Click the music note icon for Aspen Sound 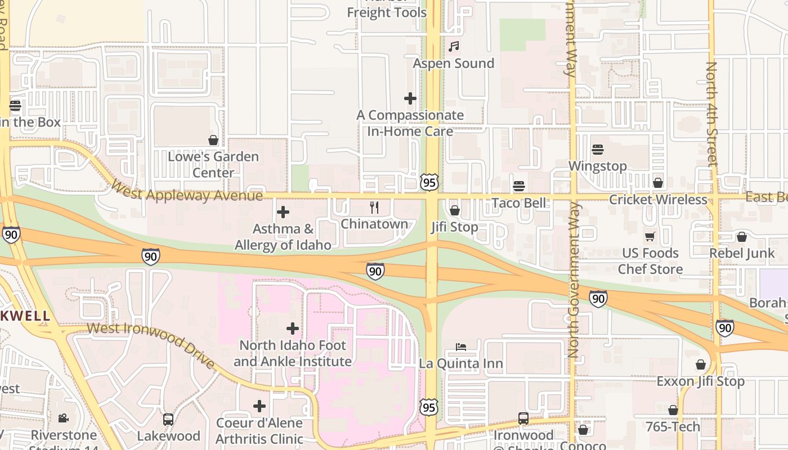click(x=454, y=46)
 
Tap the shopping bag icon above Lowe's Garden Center click(x=213, y=139)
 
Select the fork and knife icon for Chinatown click(x=374, y=208)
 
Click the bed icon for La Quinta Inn click(x=460, y=347)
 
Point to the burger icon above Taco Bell click(x=519, y=186)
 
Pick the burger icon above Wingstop click(x=598, y=150)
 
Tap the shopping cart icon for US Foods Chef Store click(x=651, y=237)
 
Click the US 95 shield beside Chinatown click(x=429, y=182)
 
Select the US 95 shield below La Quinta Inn click(x=429, y=407)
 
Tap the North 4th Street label click(x=713, y=114)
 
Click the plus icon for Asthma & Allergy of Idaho click(x=283, y=212)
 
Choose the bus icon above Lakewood click(x=168, y=419)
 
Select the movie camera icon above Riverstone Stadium click(x=63, y=418)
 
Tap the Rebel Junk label click(x=742, y=253)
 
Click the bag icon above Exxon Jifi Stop click(x=701, y=365)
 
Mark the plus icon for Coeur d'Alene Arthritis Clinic click(x=259, y=406)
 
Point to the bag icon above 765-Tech click(x=673, y=411)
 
